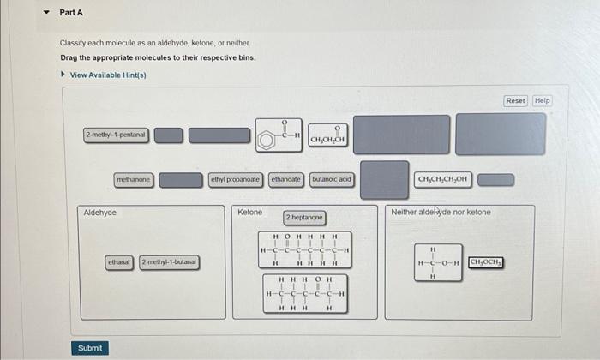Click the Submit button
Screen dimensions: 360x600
coord(89,348)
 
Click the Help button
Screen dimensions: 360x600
coord(542,100)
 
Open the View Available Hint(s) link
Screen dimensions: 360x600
coord(107,75)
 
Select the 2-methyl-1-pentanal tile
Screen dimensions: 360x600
coord(116,135)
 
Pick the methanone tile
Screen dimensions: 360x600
coord(134,180)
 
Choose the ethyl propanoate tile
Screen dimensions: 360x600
coord(236,180)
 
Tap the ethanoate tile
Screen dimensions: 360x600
coord(286,180)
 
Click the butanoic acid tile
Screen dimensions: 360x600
coord(332,180)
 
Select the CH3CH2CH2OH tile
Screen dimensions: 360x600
coord(442,180)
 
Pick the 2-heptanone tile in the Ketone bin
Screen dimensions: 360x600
coord(305,219)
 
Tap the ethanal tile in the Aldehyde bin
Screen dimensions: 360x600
coord(119,261)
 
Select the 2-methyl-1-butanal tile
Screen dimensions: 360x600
coord(169,261)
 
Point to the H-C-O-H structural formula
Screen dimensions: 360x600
coord(438,261)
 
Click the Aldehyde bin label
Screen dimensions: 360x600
coord(100,213)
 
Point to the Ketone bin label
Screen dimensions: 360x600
coord(250,212)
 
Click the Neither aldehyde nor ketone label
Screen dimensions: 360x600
coord(441,212)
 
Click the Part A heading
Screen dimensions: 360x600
coord(71,13)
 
